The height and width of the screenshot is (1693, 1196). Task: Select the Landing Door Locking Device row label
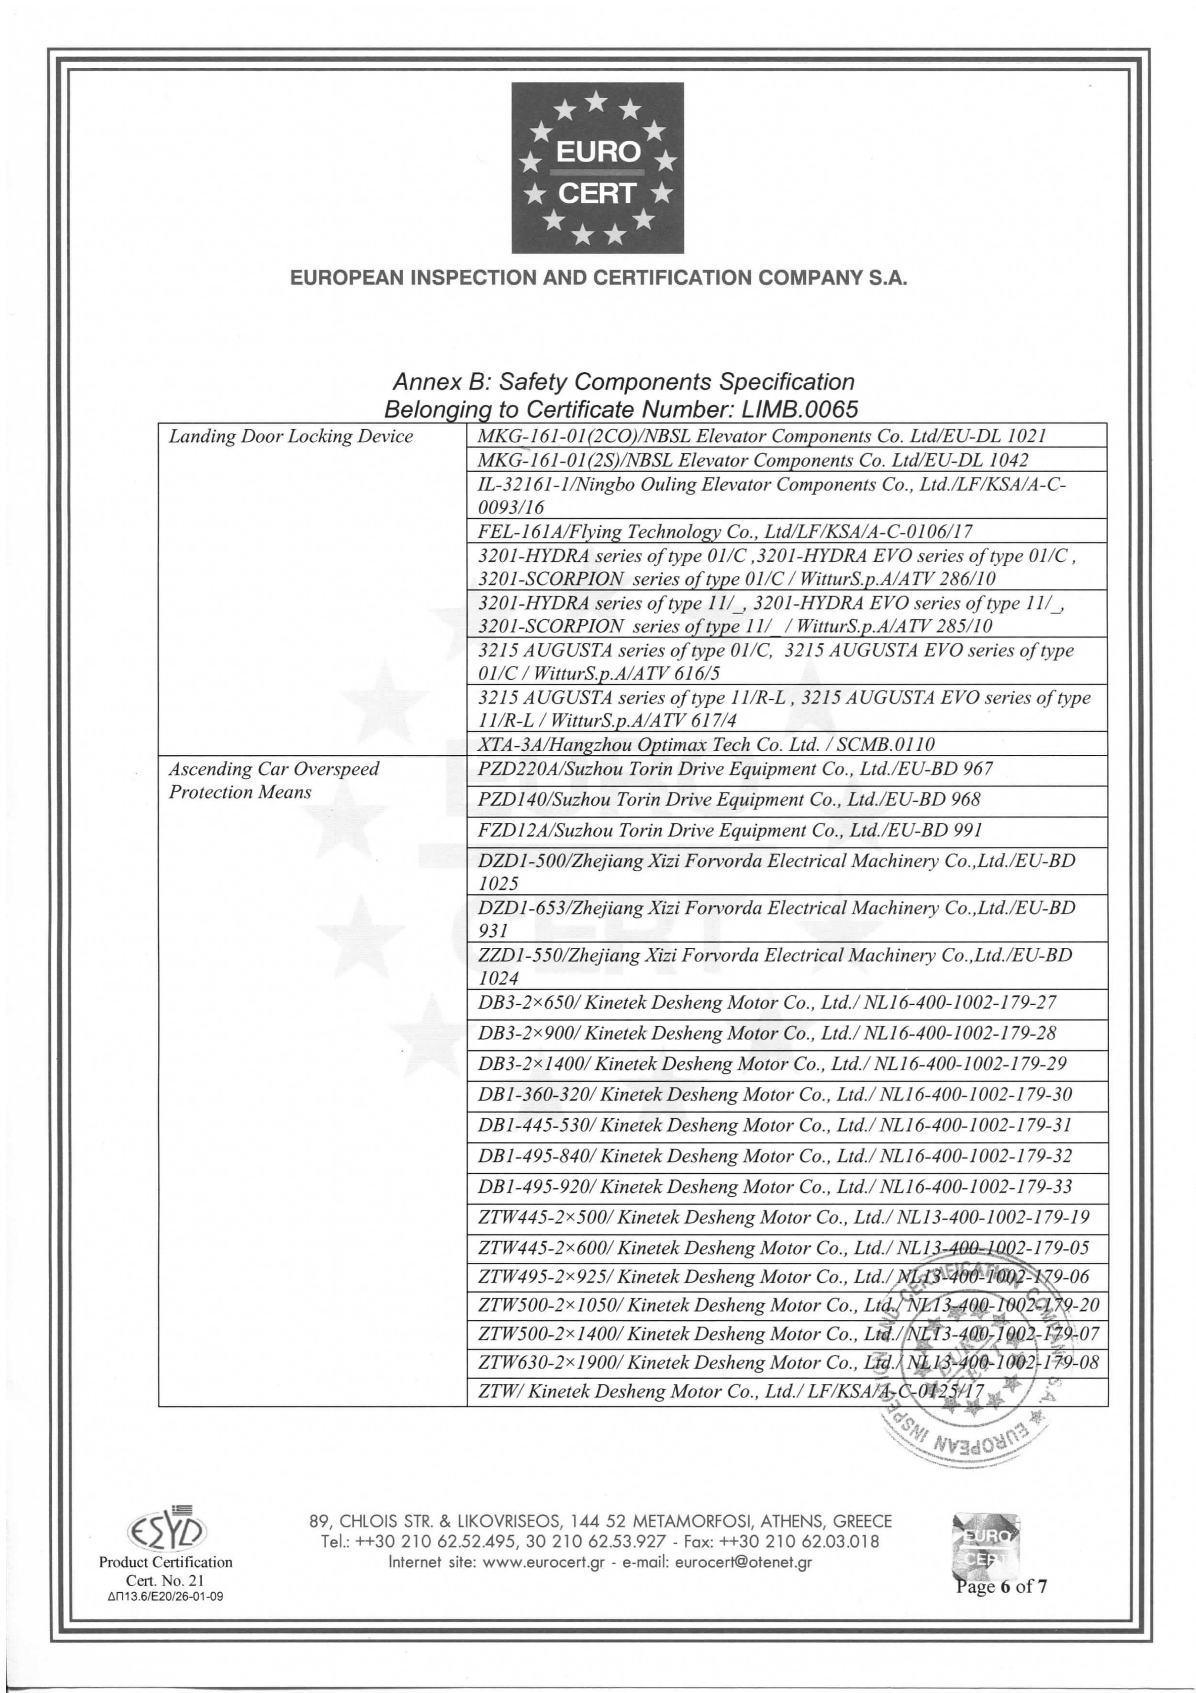pyautogui.click(x=290, y=437)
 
